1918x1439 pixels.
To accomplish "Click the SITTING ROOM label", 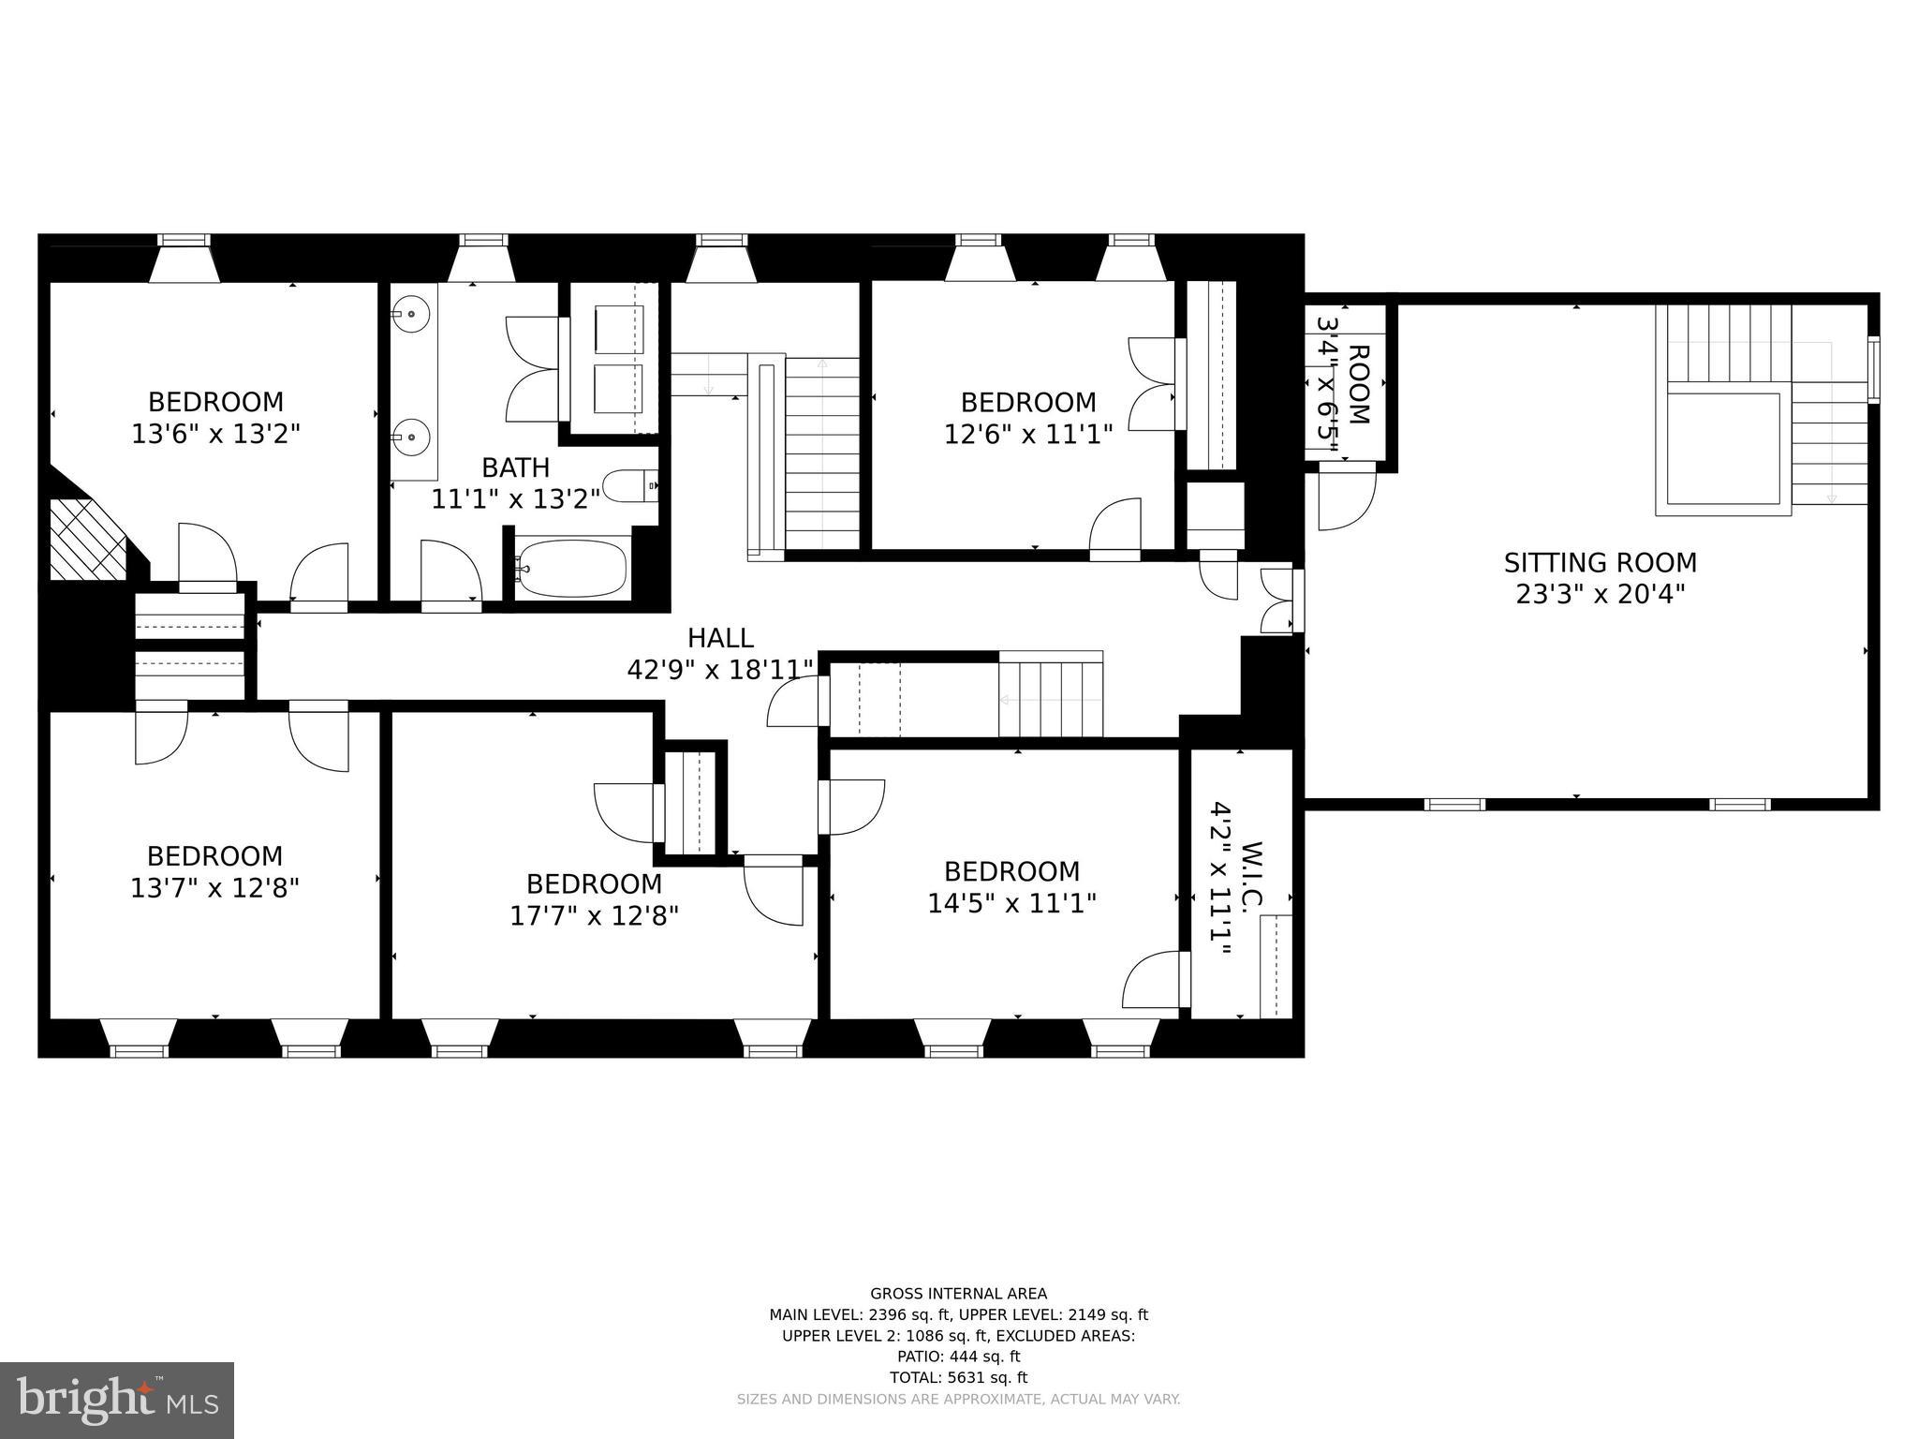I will point(1600,563).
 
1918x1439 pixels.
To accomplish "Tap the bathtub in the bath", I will point(571,567).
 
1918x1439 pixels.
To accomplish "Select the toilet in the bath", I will point(627,486).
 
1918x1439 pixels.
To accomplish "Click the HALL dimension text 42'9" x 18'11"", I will point(720,670).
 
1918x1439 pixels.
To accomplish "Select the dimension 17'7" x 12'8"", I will point(594,915).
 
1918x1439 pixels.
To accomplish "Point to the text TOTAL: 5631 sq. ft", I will point(958,1377).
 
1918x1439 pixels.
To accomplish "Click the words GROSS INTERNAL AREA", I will point(958,1294).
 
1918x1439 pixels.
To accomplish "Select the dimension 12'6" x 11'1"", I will point(1028,435).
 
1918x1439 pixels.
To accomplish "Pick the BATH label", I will point(515,467).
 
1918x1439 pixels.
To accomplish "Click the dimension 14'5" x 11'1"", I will point(1011,903).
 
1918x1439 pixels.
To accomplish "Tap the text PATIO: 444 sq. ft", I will point(958,1357).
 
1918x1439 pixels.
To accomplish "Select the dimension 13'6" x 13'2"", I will point(215,434).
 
